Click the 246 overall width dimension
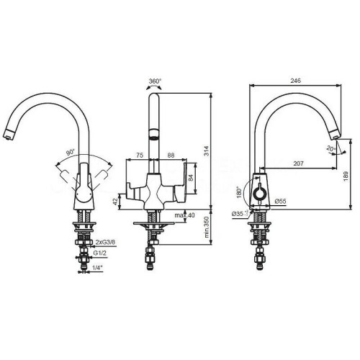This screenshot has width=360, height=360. [x=295, y=81]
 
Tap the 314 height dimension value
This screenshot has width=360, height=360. [x=207, y=150]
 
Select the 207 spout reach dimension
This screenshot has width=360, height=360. [x=298, y=163]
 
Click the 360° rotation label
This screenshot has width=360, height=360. [x=155, y=81]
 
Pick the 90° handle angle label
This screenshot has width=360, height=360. [x=71, y=152]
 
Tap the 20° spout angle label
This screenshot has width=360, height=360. [x=331, y=148]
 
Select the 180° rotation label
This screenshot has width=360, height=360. [x=239, y=192]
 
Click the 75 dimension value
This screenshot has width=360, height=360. [x=140, y=156]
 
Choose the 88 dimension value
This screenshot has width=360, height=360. [x=171, y=156]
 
